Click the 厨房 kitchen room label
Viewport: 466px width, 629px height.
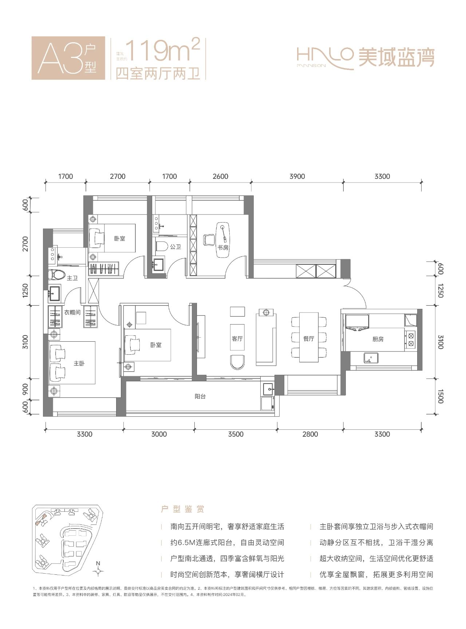(x=378, y=339)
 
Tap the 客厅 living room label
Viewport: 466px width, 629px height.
(x=237, y=339)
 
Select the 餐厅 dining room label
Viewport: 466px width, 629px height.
(x=309, y=339)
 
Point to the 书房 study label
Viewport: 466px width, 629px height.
(x=223, y=247)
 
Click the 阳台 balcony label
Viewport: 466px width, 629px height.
(x=200, y=396)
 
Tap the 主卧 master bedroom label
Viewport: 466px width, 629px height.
(x=79, y=363)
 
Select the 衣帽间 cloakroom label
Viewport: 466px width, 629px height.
(x=72, y=312)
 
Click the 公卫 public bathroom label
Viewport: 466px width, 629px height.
(x=175, y=247)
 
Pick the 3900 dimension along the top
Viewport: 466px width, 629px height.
(x=297, y=177)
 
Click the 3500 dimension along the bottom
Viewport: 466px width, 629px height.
(x=236, y=434)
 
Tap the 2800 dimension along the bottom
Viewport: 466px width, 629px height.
(x=310, y=434)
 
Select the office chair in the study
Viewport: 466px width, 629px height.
(x=209, y=240)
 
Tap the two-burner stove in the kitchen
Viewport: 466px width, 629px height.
(x=411, y=339)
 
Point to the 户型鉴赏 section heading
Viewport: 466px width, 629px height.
(x=183, y=509)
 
